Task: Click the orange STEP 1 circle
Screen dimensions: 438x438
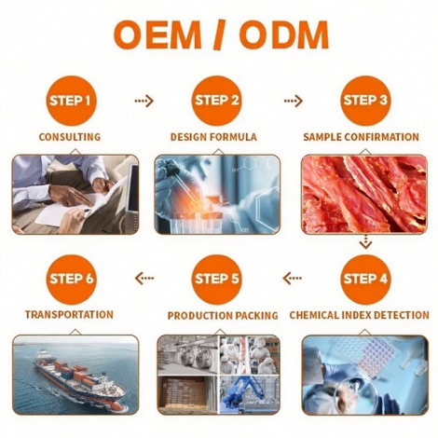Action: (70, 101)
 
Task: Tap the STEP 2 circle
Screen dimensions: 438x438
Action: (216, 101)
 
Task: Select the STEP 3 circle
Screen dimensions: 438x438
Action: (365, 101)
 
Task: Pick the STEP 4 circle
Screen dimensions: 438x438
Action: (365, 279)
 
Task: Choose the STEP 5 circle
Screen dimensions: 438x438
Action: (216, 279)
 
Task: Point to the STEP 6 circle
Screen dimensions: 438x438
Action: (71, 279)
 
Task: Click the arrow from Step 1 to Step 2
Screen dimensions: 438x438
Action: (144, 101)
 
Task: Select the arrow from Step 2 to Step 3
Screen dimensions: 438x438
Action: (293, 101)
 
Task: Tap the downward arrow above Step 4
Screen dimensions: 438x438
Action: (365, 241)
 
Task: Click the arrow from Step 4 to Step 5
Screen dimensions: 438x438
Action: (293, 278)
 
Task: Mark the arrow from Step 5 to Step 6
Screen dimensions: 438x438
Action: (144, 278)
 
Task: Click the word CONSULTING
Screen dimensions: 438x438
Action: (70, 137)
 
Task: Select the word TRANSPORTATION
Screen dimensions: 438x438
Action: (69, 315)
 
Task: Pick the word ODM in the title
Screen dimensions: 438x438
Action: (284, 34)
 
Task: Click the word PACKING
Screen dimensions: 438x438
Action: (256, 316)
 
